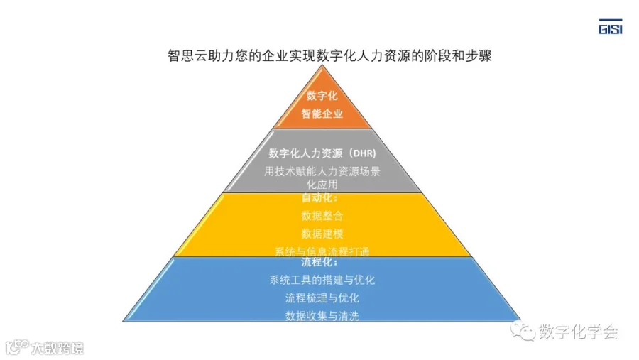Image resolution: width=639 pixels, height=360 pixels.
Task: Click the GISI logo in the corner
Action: pos(611,27)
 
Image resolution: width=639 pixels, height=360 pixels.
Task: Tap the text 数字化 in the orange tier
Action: pos(322,96)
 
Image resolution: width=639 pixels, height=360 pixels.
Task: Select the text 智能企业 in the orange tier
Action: pos(322,114)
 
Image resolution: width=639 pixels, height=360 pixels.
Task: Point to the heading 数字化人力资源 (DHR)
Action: pos(322,153)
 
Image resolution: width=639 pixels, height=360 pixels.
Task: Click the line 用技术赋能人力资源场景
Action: pos(322,170)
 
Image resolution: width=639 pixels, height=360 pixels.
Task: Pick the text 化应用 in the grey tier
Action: pos(322,184)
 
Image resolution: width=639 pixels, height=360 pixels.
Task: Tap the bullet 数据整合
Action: pos(322,216)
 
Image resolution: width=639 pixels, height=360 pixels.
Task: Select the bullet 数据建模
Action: pos(322,234)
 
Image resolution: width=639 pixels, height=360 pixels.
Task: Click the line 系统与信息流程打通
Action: pos(322,251)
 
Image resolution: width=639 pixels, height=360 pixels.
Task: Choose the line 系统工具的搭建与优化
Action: pos(322,280)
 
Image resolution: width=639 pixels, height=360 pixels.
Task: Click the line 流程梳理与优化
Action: pos(322,298)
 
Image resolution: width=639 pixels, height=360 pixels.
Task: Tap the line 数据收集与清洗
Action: pos(322,315)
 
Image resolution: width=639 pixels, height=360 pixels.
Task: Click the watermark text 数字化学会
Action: pos(579,331)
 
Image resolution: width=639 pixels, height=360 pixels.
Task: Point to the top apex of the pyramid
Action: pos(322,65)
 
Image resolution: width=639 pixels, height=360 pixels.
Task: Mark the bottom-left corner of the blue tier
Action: pos(124,320)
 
